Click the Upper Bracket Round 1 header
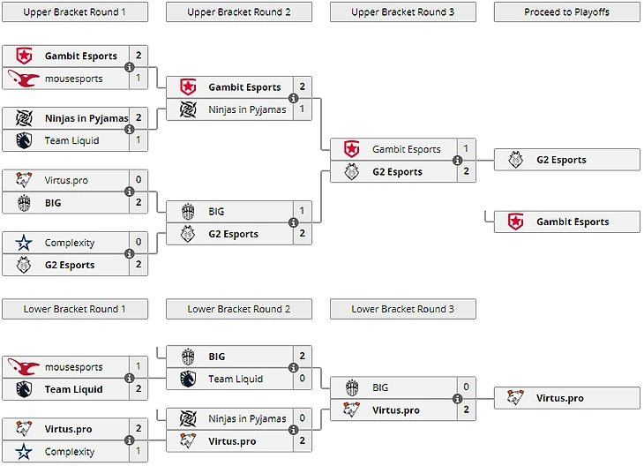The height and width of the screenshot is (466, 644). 74,12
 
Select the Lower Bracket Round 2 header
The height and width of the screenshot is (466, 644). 238,309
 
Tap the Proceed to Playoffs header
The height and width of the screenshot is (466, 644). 566,12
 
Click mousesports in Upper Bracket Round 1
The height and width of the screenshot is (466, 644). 73,79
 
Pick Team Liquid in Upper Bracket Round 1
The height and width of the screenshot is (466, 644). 71,140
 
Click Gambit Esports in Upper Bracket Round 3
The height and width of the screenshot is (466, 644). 406,149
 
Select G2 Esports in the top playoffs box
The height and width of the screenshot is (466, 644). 561,160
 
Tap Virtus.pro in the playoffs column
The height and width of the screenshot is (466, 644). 559,398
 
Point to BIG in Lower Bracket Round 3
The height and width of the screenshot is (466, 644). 380,387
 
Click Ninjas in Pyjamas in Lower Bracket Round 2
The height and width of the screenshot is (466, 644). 247,418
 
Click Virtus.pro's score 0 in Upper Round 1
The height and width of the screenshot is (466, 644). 139,180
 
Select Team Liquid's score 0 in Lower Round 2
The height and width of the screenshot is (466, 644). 302,379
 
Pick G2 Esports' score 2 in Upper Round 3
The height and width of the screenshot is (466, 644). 466,172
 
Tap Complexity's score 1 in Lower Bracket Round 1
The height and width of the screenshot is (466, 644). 139,452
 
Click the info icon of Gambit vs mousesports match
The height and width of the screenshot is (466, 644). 130,67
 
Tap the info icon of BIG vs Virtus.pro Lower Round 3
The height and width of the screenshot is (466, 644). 457,399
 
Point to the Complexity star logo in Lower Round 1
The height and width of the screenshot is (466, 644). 24,452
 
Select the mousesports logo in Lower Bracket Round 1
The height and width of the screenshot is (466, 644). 24,367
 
